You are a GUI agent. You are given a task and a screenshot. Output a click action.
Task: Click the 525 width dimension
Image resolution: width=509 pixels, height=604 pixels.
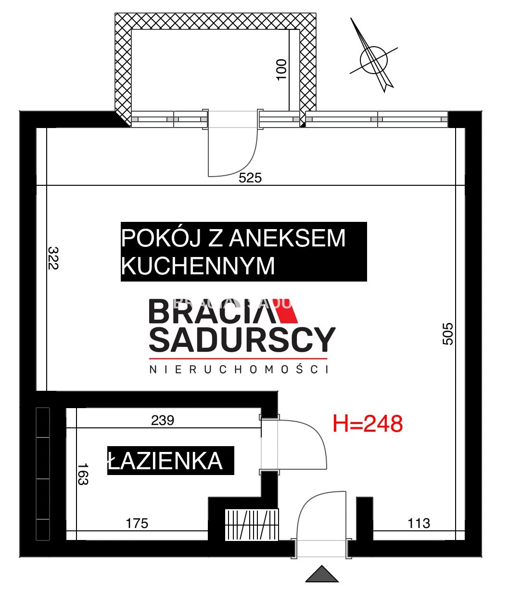click(x=250, y=178)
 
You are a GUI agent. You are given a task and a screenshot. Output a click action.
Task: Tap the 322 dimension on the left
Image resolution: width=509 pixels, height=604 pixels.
click(x=53, y=258)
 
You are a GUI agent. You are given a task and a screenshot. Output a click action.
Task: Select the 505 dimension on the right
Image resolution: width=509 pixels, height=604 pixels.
click(x=448, y=334)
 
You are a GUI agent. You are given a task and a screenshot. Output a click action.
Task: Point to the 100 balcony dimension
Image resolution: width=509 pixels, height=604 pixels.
click(x=281, y=70)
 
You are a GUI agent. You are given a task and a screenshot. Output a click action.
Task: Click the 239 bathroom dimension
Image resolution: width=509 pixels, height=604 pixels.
click(x=163, y=420)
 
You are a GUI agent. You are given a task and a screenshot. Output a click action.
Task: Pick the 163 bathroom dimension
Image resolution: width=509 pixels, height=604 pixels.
click(x=83, y=474)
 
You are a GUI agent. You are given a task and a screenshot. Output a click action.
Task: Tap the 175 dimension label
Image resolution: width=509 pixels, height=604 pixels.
click(x=137, y=523)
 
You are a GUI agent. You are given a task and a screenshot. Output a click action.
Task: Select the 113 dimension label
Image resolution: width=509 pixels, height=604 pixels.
click(x=419, y=523)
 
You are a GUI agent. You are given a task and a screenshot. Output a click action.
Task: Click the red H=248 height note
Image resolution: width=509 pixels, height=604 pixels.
click(x=368, y=424)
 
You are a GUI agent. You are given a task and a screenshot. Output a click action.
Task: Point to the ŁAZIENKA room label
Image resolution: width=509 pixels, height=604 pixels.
click(x=165, y=461)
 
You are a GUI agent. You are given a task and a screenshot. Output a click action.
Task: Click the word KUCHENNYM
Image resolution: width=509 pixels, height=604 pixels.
click(x=198, y=266)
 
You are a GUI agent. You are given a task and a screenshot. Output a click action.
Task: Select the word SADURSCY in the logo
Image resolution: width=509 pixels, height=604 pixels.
click(x=242, y=339)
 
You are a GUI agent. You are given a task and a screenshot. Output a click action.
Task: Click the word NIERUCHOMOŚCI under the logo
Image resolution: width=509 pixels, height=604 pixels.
click(x=239, y=370)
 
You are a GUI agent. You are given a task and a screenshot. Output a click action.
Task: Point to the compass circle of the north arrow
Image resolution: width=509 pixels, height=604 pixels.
click(x=374, y=60)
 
